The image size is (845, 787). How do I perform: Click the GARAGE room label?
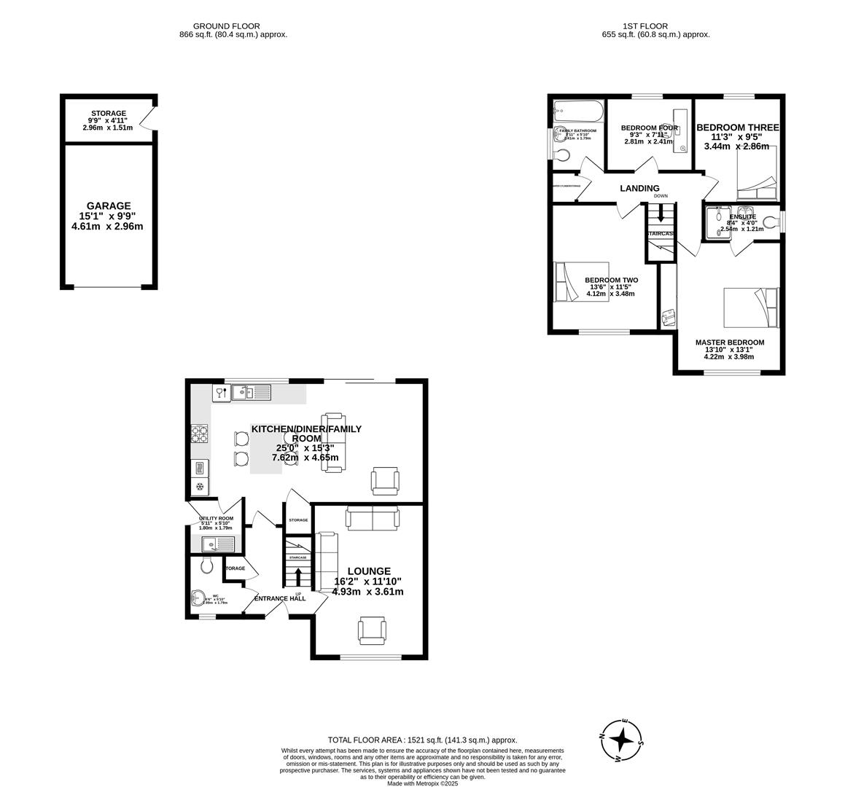pyautogui.click(x=109, y=206)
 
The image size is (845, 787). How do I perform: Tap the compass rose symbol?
pyautogui.click(x=621, y=740)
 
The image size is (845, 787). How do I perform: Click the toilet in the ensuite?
pyautogui.click(x=771, y=219)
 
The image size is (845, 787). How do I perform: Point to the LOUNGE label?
pyautogui.click(x=368, y=571)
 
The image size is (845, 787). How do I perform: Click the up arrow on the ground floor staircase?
pyautogui.click(x=298, y=575)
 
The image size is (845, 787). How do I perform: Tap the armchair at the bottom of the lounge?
pyautogui.click(x=371, y=630)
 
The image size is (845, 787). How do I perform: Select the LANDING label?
pyautogui.click(x=639, y=189)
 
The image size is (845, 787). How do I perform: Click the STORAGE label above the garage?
pyautogui.click(x=109, y=114)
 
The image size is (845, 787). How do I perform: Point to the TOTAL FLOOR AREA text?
pyautogui.click(x=422, y=740)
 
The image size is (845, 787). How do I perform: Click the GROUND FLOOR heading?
pyautogui.click(x=226, y=26)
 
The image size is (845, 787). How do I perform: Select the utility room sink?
pyautogui.click(x=217, y=543)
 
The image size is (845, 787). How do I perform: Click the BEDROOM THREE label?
pyautogui.click(x=737, y=128)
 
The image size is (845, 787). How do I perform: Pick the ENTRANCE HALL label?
pyautogui.click(x=279, y=599)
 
